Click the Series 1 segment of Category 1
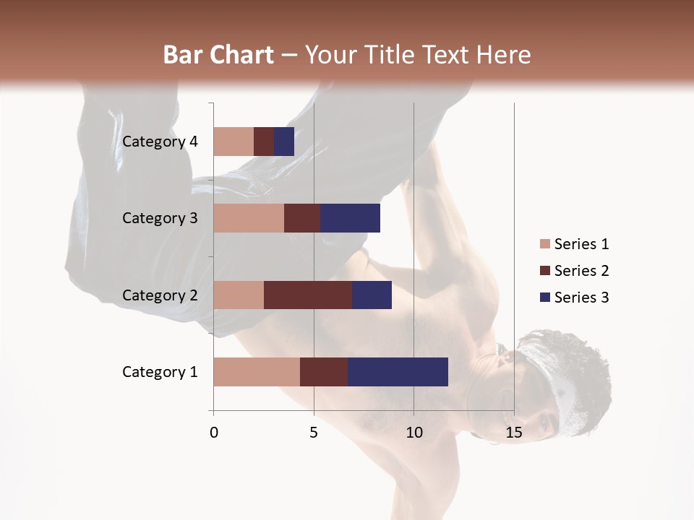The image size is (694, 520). coord(257,372)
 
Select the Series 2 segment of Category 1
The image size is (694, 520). coord(324,372)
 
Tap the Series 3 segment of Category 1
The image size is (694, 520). coord(398,372)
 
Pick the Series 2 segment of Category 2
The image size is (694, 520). coord(308,295)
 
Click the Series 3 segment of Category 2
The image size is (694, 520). coord(372,295)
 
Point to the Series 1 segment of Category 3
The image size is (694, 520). coord(249,218)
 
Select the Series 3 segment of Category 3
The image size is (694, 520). coord(350,218)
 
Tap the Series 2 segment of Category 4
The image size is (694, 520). coord(264,142)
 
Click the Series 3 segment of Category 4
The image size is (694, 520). coord(284,142)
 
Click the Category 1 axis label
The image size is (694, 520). coord(160,372)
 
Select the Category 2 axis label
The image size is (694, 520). coord(160,295)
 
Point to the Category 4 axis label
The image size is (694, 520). coord(160,142)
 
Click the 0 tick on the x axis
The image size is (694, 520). coord(214,433)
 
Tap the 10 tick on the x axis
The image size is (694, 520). coord(414,433)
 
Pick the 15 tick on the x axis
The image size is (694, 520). coord(513,433)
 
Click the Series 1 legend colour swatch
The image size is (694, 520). coord(544,244)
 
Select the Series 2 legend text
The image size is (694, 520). coord(581,271)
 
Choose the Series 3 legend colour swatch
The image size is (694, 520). coord(544,298)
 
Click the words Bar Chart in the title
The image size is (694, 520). coord(218,55)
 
